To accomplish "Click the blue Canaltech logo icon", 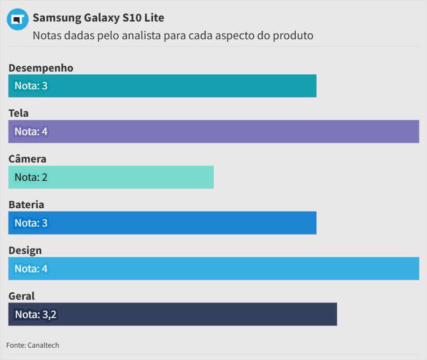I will [18, 19].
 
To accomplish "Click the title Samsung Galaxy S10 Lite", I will [98, 18].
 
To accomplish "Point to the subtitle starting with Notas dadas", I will [173, 36].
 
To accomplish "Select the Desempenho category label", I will [41, 68].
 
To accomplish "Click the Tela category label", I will [19, 113].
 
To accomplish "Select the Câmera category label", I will [27, 159].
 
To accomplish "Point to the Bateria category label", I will [26, 204].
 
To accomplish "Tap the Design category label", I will [25, 250].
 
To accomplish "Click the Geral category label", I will [22, 296].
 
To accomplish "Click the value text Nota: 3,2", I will [35, 314].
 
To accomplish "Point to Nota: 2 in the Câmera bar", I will [31, 178].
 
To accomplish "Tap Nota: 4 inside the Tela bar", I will [31, 132].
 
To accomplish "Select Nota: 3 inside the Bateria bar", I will [31, 223].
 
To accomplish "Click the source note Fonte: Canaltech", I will [33, 345].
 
